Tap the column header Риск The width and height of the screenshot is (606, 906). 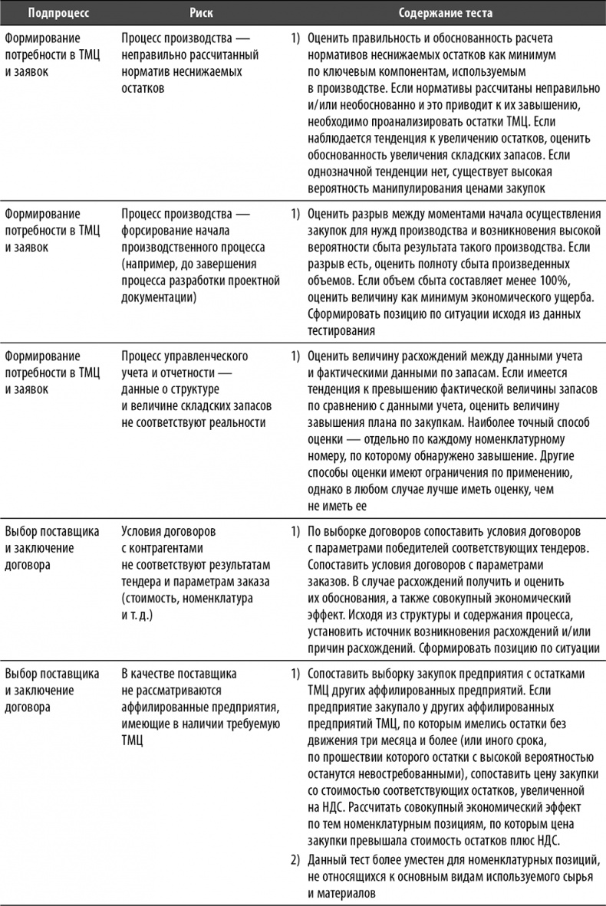tap(203, 14)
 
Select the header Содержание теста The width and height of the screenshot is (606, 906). tap(445, 14)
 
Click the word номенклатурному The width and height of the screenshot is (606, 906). tap(517, 440)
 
